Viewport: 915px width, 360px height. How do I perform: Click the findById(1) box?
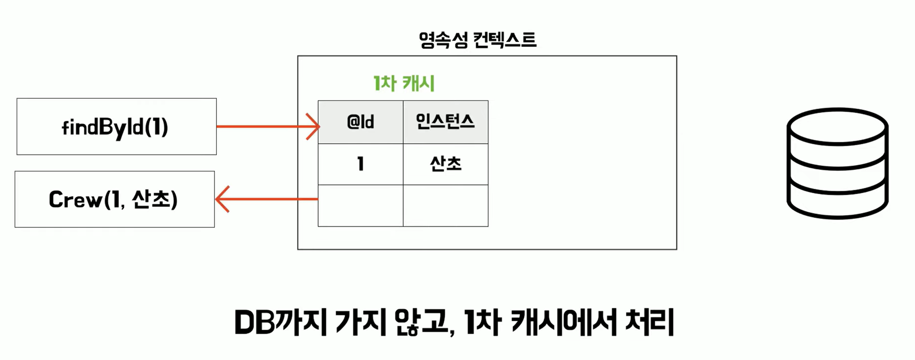116,127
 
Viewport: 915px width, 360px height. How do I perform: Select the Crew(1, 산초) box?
114,199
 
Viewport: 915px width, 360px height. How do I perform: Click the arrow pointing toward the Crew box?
266,199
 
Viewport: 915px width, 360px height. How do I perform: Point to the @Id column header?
361,122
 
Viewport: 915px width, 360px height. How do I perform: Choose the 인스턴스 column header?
445,122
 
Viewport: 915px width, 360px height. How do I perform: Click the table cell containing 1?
361,164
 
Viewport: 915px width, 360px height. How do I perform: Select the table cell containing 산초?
445,164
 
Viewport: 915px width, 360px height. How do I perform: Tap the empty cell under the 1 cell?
361,205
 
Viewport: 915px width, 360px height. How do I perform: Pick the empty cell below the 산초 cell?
445,205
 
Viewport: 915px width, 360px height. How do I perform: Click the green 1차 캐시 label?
404,83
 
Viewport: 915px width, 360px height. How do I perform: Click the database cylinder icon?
837,164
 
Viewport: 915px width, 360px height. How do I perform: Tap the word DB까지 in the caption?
280,323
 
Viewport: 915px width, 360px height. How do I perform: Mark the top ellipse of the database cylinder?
837,126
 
